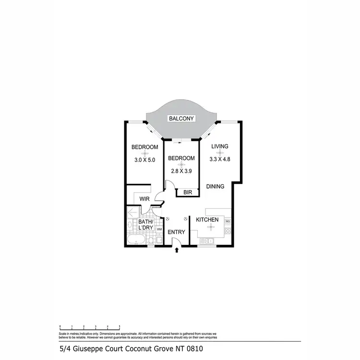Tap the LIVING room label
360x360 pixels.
tap(219, 147)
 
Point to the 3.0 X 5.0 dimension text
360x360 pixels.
tap(144, 160)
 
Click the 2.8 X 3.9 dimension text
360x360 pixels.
tap(181, 170)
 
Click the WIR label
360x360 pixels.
tap(145, 199)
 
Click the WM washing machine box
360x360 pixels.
tap(159, 230)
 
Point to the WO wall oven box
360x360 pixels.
tap(228, 221)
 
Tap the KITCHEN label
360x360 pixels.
tap(207, 220)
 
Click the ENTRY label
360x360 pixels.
tap(177, 232)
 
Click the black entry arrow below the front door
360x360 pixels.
tap(177, 250)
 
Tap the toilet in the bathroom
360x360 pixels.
tap(151, 239)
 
